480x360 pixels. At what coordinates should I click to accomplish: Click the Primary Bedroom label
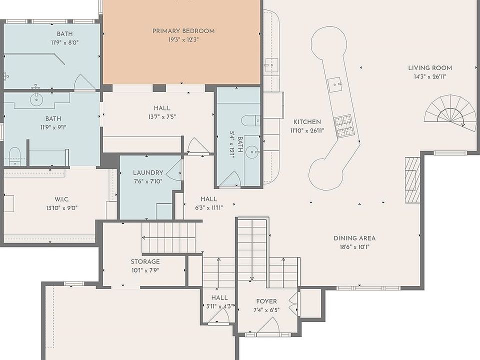[183, 31]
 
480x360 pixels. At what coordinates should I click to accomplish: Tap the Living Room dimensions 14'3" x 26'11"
[430, 76]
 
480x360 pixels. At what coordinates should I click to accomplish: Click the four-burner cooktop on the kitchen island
[343, 126]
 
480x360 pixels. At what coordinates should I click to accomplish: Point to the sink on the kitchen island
[335, 85]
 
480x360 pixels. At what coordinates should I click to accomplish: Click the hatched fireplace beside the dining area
[412, 180]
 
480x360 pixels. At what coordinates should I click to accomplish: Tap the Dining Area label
[354, 238]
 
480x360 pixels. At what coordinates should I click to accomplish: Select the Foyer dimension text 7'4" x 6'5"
[266, 310]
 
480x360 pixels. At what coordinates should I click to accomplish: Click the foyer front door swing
[268, 325]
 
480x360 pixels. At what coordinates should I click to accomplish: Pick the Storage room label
[145, 261]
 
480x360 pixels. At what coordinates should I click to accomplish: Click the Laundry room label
[148, 172]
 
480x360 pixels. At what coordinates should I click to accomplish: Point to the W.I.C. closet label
[62, 199]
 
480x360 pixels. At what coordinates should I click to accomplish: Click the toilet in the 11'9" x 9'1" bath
[14, 156]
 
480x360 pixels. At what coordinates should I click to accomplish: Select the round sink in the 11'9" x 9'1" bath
[36, 99]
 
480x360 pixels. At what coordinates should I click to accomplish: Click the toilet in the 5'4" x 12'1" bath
[250, 120]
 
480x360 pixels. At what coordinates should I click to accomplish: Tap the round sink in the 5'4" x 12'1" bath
[252, 151]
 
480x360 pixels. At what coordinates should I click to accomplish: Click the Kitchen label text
[307, 122]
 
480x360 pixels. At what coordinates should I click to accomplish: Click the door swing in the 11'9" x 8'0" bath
[84, 82]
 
